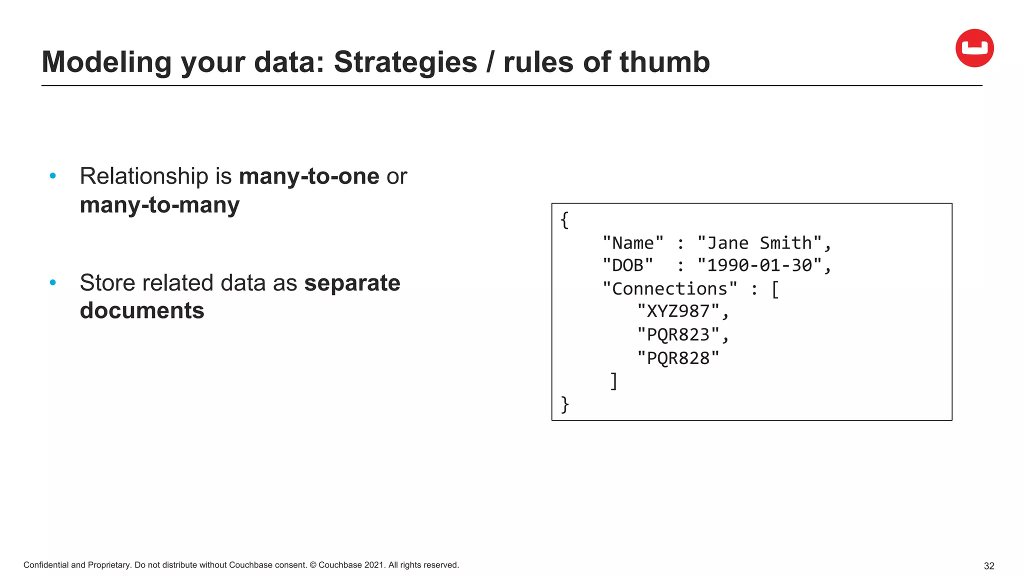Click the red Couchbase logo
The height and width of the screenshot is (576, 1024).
(974, 48)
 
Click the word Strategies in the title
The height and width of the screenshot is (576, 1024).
(405, 62)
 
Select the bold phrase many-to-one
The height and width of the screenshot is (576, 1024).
(309, 176)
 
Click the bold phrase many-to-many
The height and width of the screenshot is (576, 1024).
(159, 205)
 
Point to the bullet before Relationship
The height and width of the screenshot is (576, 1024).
(53, 176)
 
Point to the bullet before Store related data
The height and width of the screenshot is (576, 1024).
(53, 283)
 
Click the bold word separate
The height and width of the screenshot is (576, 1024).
(352, 283)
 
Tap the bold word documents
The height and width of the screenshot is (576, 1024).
(142, 310)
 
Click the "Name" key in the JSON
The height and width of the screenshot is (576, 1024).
(633, 243)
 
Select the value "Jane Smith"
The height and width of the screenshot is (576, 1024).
(759, 243)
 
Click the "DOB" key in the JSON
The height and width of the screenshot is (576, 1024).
(627, 265)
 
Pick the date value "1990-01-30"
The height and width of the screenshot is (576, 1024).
(759, 265)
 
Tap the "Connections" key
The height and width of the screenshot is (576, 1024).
(669, 288)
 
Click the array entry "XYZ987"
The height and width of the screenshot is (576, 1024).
(678, 311)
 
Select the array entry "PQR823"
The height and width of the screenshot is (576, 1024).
(678, 334)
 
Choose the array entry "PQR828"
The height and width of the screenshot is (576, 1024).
(678, 358)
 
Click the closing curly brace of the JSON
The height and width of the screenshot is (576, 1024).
(565, 404)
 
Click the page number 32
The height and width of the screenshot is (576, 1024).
(988, 566)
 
